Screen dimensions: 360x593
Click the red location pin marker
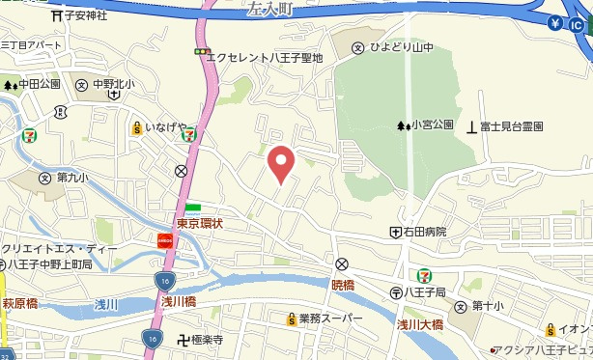tap(280, 164)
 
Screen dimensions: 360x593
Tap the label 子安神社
tap(86, 15)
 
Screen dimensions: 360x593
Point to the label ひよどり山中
tap(395, 46)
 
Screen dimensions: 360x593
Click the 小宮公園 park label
tap(431, 125)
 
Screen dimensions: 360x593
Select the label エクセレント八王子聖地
tap(267, 58)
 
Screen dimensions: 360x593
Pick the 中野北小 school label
tap(113, 84)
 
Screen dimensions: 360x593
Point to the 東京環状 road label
tap(200, 224)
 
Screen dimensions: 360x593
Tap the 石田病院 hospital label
tap(425, 232)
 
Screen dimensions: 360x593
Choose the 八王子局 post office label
tap(424, 291)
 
